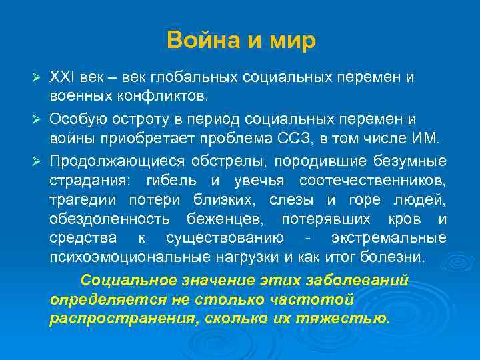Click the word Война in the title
[x=194, y=41]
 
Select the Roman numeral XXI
[x=62, y=77]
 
